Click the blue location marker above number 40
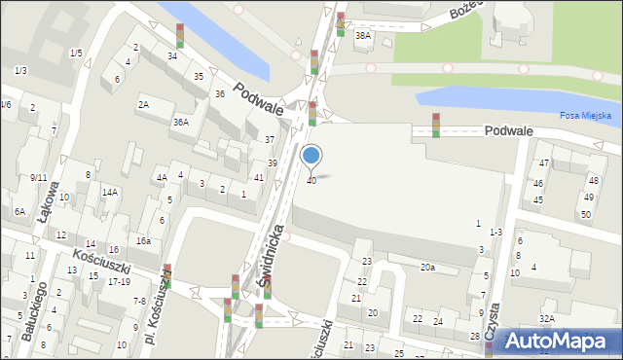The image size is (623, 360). pyautogui.click(x=311, y=155)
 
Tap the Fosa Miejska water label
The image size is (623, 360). pyautogui.click(x=585, y=115)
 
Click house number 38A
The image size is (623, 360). pyautogui.click(x=363, y=36)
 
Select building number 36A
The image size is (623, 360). pyautogui.click(x=180, y=122)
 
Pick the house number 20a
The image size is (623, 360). pyautogui.click(x=427, y=267)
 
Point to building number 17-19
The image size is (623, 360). pyautogui.click(x=120, y=281)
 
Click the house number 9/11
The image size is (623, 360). pyautogui.click(x=38, y=177)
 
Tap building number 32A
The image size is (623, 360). pyautogui.click(x=548, y=318)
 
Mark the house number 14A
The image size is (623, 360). pyautogui.click(x=110, y=192)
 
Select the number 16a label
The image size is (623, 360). pyautogui.click(x=143, y=240)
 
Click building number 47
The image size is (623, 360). pyautogui.click(x=544, y=162)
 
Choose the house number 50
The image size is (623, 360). pyautogui.click(x=586, y=214)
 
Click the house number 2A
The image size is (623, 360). pyautogui.click(x=143, y=104)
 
